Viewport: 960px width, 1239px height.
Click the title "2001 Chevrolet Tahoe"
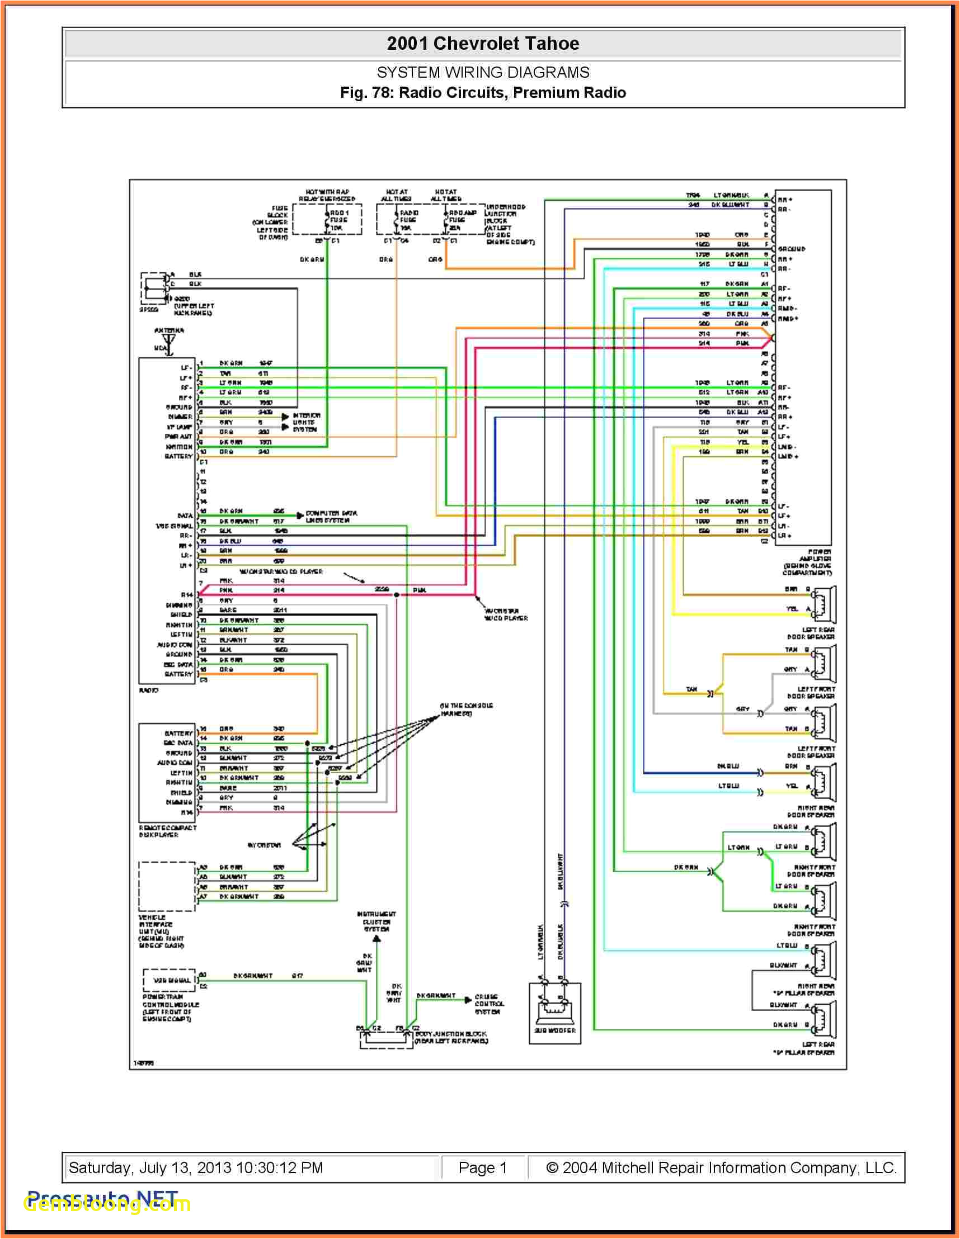[483, 44]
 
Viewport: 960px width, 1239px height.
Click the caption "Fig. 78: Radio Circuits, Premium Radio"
[483, 92]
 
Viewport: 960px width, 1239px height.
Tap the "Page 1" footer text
[483, 1167]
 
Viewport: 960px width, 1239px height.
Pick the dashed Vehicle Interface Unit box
[167, 886]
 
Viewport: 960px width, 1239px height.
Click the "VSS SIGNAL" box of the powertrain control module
[168, 980]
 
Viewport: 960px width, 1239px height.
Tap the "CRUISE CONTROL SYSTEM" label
[489, 1004]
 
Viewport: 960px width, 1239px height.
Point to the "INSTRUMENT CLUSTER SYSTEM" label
[377, 921]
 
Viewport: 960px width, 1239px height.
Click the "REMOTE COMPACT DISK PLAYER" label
[167, 831]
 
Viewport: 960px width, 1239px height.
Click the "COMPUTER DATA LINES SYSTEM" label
[331, 516]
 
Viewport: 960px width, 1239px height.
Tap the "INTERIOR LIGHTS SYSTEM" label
[306, 423]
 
